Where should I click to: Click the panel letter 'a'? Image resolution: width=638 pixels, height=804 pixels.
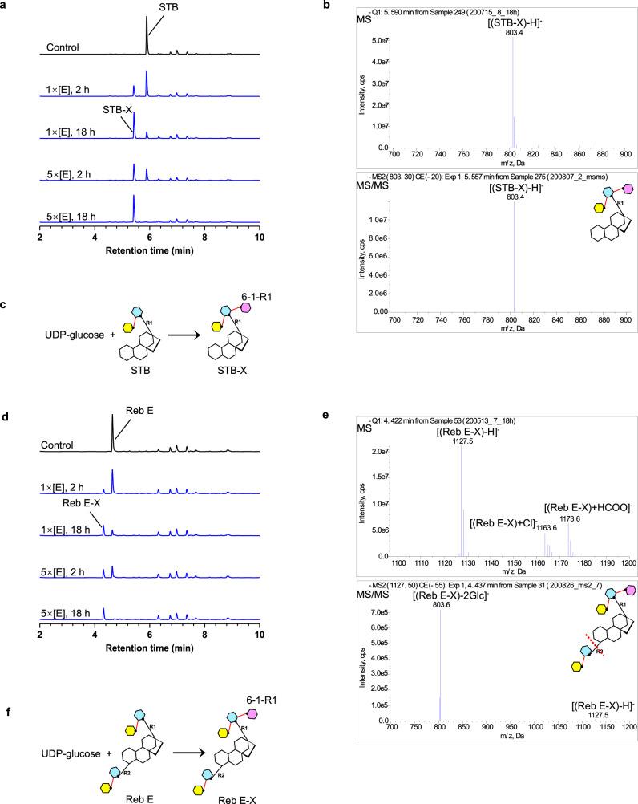coord(5,6)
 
